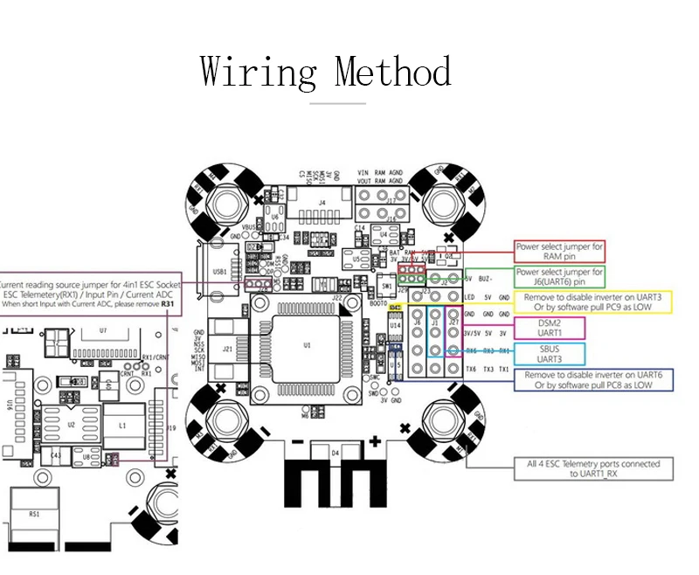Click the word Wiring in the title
point(258,72)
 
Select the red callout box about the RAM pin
point(559,252)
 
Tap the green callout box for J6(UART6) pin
point(559,277)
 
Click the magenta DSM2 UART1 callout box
point(550,328)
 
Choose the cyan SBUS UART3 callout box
point(550,353)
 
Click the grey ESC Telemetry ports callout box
point(593,468)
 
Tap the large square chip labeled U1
point(307,346)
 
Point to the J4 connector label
point(322,204)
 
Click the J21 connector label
point(228,348)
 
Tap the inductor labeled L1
point(123,425)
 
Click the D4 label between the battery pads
point(335,454)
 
